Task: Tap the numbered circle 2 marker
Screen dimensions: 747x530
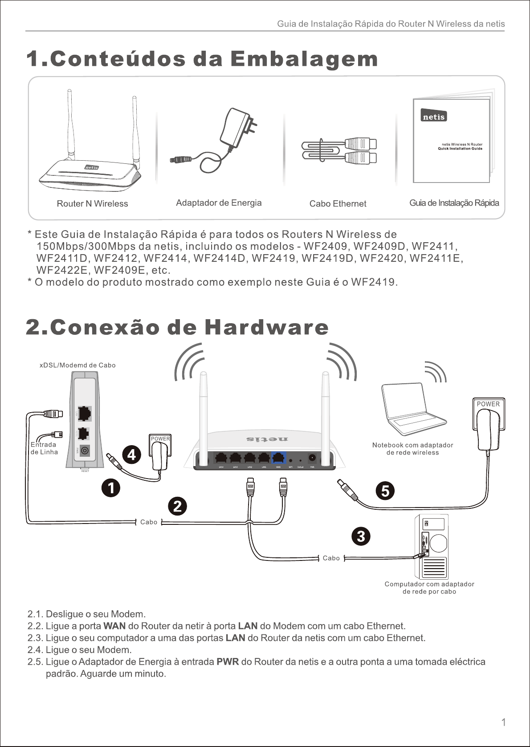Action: (x=177, y=507)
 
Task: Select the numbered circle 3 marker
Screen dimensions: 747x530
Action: (x=361, y=536)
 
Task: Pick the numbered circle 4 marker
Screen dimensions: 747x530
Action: (x=132, y=455)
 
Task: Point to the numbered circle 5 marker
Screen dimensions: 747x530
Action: (x=385, y=491)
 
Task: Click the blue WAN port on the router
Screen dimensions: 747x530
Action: (x=278, y=458)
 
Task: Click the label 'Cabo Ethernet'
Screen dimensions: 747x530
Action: (x=338, y=203)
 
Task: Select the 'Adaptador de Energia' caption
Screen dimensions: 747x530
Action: (x=219, y=203)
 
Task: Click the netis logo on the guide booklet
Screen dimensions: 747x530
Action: (x=434, y=117)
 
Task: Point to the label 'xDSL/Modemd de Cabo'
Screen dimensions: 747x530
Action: (x=77, y=365)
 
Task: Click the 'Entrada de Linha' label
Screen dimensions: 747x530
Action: (x=44, y=448)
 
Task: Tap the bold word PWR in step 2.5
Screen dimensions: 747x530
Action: (x=228, y=662)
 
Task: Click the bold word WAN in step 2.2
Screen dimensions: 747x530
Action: (x=114, y=626)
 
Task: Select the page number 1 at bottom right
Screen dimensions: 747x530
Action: (x=503, y=722)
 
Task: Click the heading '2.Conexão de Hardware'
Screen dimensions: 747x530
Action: (x=177, y=328)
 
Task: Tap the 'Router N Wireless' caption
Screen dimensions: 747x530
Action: (x=92, y=203)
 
